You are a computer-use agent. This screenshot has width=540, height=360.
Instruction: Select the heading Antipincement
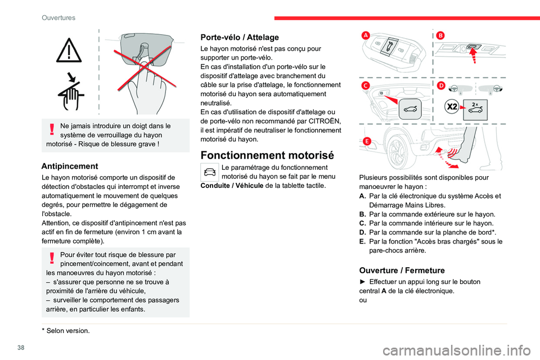[70, 166]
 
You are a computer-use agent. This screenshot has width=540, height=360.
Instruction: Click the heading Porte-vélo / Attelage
[240, 37]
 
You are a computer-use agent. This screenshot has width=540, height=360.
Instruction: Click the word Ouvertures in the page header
[58, 17]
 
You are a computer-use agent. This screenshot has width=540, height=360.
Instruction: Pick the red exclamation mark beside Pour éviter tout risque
[52, 258]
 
